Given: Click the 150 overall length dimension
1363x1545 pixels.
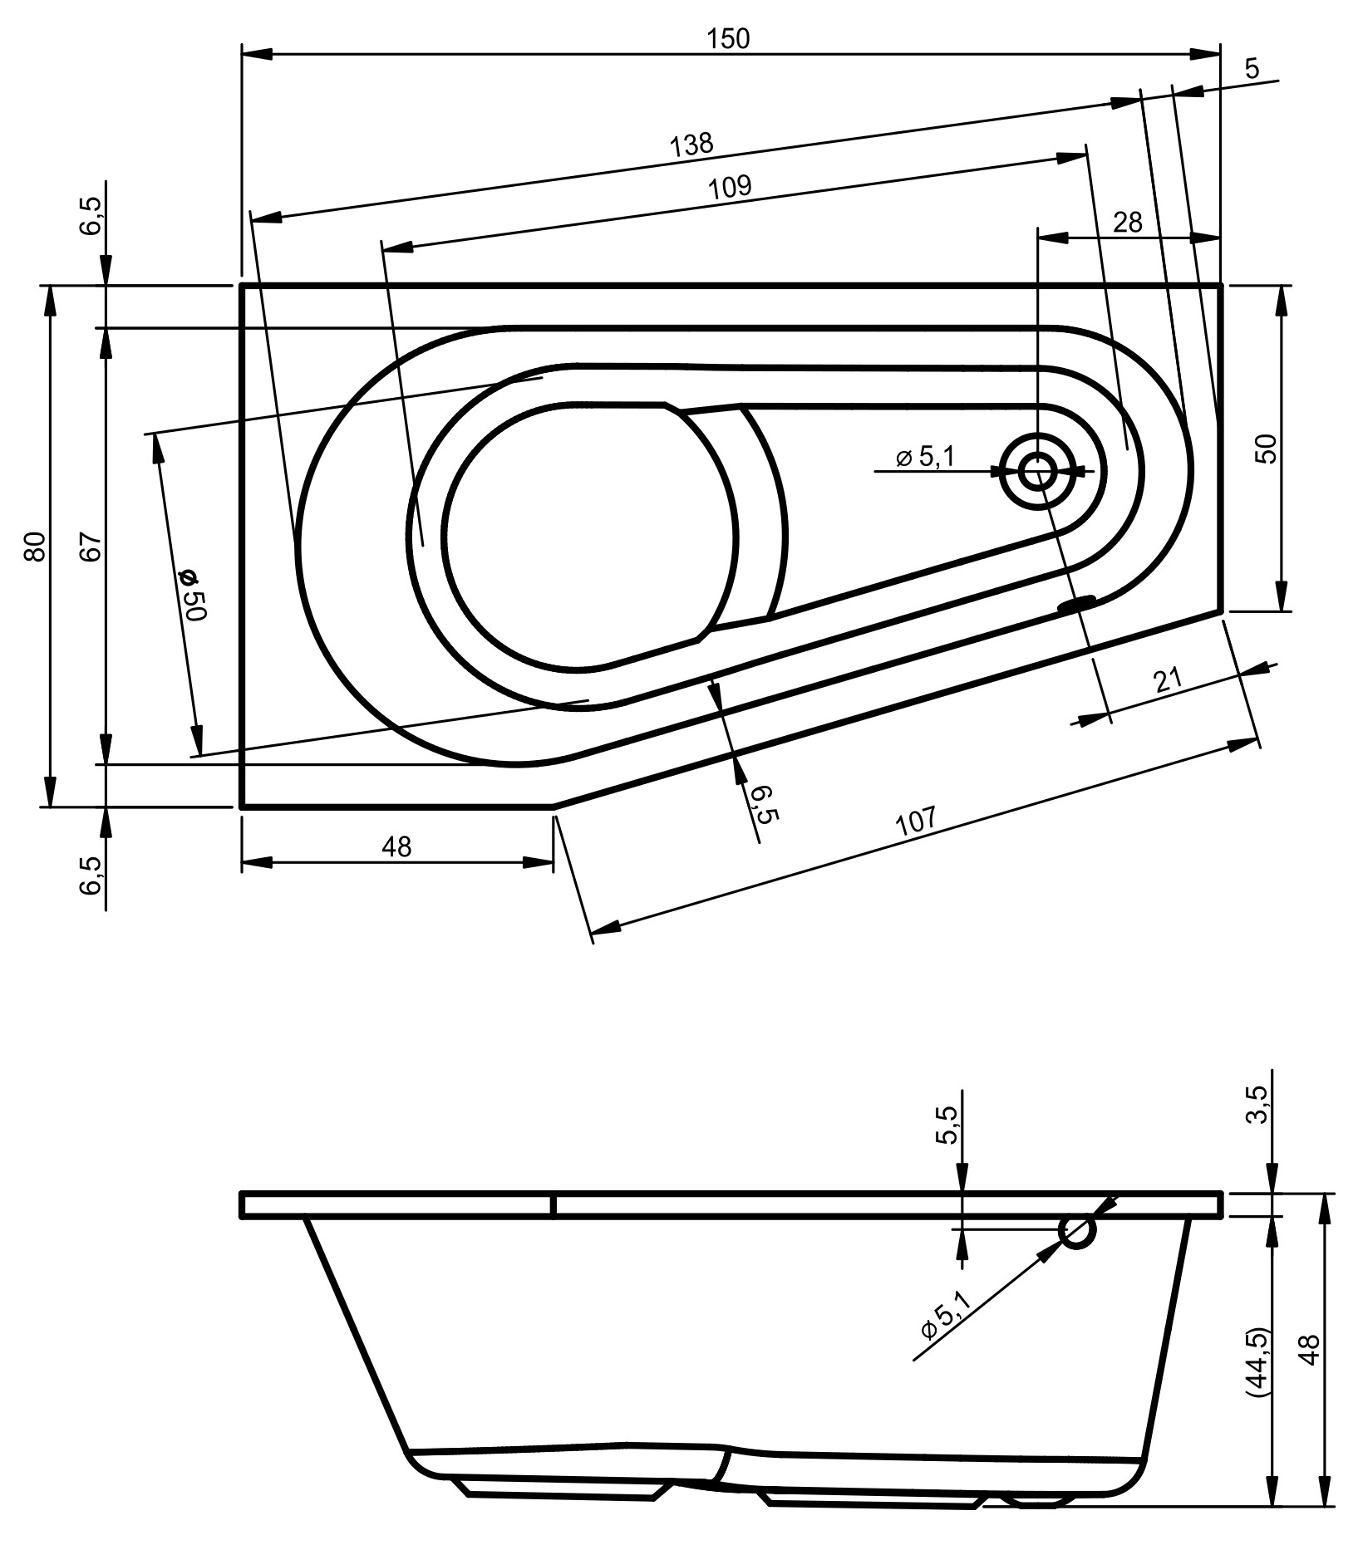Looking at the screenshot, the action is (x=729, y=39).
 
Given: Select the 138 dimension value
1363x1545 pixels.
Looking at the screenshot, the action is (x=692, y=145).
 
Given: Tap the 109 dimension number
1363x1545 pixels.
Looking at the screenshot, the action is (x=731, y=186).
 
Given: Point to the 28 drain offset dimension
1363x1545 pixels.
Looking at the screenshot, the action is (x=1128, y=223).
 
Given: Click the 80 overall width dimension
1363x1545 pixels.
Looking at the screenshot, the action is (x=34, y=546).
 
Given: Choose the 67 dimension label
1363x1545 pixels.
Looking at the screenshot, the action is (x=91, y=546).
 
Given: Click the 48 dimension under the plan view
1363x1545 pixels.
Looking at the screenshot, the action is (x=396, y=846).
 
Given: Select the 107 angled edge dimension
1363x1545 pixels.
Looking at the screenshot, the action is (x=916, y=822).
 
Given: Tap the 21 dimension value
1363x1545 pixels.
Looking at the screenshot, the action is (x=1168, y=681).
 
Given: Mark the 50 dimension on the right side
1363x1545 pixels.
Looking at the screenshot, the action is (x=1268, y=449).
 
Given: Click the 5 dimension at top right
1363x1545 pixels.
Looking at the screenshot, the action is (x=1252, y=69).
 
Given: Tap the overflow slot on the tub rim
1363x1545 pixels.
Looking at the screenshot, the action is (x=1078, y=603).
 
